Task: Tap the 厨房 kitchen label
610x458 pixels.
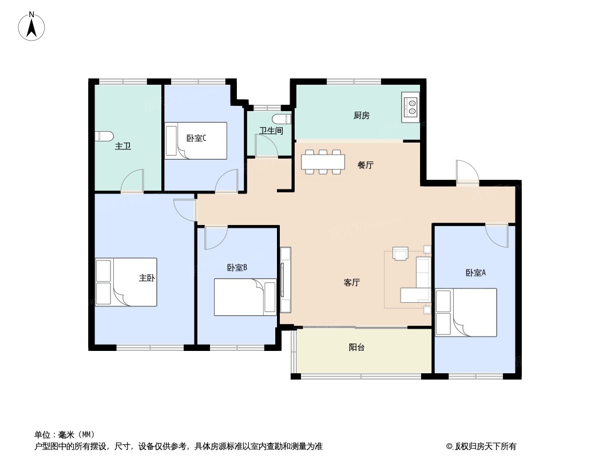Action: [x=361, y=116]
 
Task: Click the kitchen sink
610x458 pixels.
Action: [x=411, y=106]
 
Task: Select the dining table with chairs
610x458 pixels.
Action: [x=323, y=161]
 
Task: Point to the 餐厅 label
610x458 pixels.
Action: [x=365, y=165]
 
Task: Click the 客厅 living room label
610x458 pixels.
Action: [x=351, y=283]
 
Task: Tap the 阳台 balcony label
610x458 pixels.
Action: [x=357, y=348]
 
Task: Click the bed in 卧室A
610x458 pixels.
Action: [x=466, y=312]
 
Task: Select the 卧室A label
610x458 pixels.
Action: [x=475, y=273]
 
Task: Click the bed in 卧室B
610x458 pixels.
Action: [x=245, y=297]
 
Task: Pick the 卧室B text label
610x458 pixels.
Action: [x=237, y=267]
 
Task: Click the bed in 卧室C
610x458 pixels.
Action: [x=196, y=140]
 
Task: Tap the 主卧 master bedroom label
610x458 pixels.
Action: [x=146, y=278]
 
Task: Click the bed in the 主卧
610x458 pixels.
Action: [x=126, y=282]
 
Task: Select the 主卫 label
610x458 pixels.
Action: [x=123, y=147]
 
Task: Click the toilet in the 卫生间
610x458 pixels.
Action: [x=282, y=119]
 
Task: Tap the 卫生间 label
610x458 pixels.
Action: [x=271, y=131]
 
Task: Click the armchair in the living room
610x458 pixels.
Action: [x=400, y=253]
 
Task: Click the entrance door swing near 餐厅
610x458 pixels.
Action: [x=466, y=171]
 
